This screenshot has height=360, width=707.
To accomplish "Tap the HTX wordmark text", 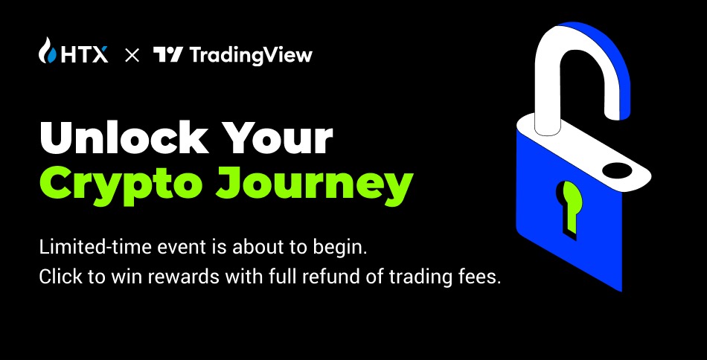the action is pyautogui.click(x=84, y=55).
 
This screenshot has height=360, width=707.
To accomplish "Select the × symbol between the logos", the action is pyautogui.click(x=132, y=56).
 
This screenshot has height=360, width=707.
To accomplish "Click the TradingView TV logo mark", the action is pyautogui.click(x=167, y=55).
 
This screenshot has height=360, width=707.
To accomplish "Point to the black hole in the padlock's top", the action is pyautogui.click(x=617, y=170).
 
